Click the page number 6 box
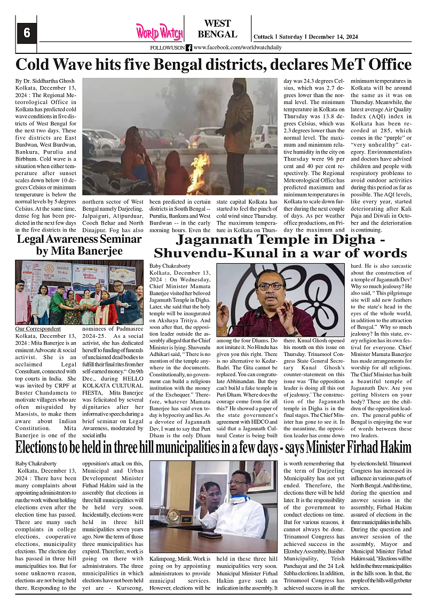click(x=26, y=33)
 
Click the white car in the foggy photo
click(x=205, y=138)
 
